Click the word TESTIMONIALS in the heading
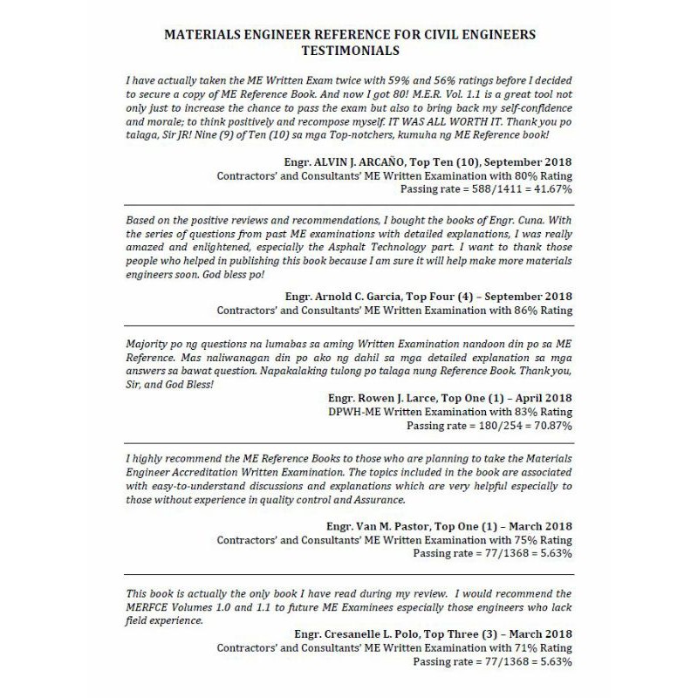coord(349,52)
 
